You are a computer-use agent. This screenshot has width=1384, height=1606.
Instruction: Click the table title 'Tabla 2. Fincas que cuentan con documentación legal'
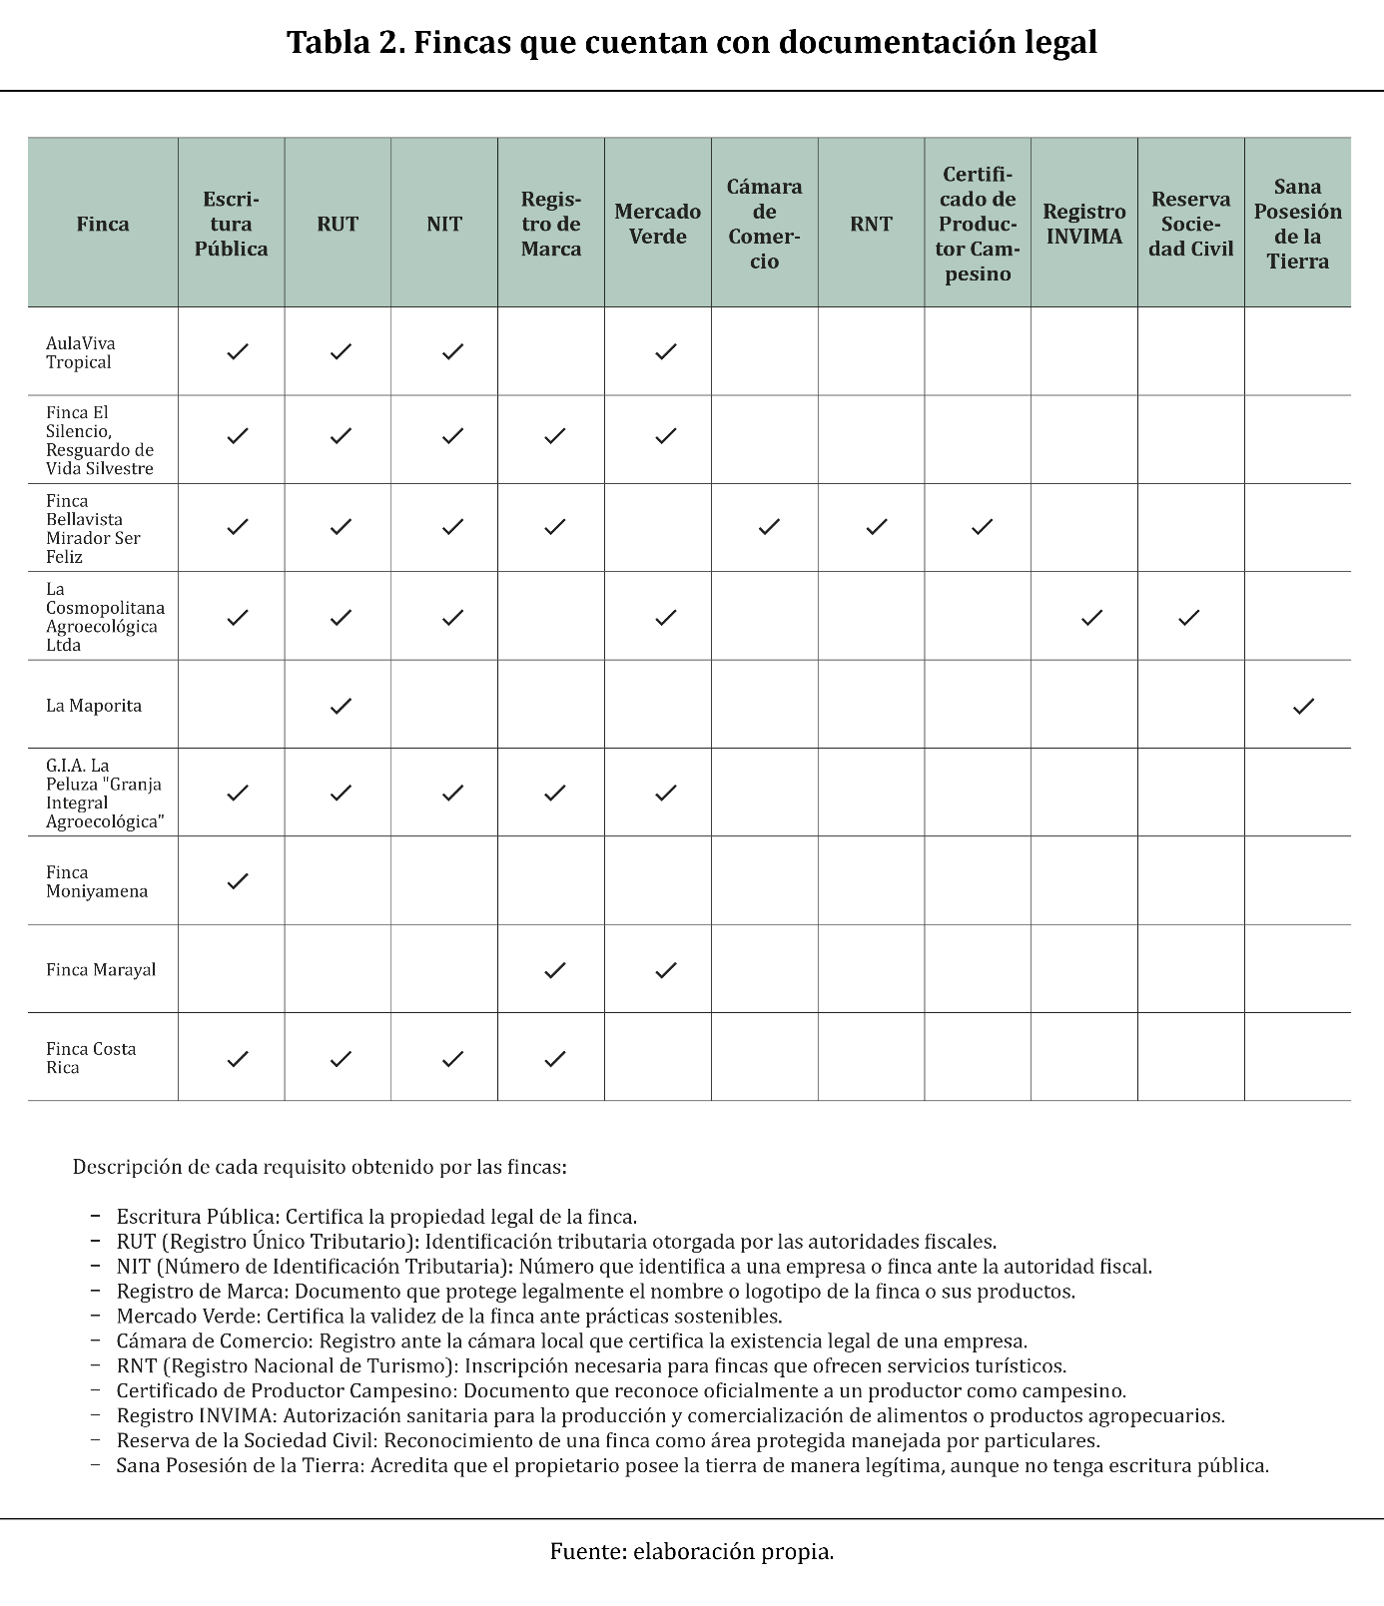tap(691, 43)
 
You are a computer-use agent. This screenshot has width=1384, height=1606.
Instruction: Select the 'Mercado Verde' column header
tap(657, 224)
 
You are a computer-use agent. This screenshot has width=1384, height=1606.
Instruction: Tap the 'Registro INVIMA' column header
tap(1083, 224)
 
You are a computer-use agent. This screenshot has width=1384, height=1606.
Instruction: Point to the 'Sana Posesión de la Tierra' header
tap(1297, 224)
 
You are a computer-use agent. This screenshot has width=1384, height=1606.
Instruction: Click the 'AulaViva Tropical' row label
tap(81, 352)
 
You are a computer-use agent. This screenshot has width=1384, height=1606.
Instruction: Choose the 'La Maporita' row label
tap(94, 706)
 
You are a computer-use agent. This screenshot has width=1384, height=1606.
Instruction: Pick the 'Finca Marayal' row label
tap(101, 969)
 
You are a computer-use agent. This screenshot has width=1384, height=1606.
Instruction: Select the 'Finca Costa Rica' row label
tap(91, 1058)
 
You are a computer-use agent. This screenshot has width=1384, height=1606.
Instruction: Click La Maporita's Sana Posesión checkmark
tap(1303, 707)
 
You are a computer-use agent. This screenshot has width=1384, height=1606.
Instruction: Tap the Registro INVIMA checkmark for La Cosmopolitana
tap(1092, 618)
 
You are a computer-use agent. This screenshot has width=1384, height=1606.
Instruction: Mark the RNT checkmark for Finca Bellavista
tap(877, 527)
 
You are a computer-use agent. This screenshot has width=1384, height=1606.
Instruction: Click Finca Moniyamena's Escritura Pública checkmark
tap(238, 881)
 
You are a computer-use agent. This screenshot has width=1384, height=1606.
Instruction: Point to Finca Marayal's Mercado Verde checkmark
tap(666, 970)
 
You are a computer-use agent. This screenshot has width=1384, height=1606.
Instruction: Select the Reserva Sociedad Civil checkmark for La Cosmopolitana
tap(1188, 618)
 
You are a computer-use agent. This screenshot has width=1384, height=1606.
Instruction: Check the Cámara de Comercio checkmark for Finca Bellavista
tap(769, 527)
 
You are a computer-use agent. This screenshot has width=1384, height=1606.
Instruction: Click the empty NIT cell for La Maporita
tap(444, 705)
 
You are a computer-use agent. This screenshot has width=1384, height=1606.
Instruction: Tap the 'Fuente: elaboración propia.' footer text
tap(691, 1551)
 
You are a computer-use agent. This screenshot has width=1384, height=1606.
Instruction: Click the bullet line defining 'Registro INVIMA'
tap(670, 1415)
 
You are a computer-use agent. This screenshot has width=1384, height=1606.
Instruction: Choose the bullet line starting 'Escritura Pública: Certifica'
tap(376, 1217)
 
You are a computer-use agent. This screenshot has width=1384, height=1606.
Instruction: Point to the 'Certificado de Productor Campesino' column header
tap(978, 224)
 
